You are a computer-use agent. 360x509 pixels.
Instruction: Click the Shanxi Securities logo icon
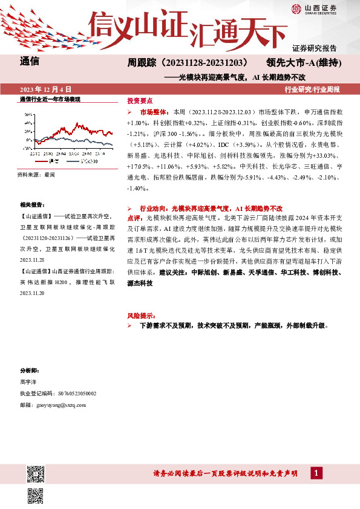[296, 8]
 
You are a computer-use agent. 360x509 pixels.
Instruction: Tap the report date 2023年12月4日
[46, 89]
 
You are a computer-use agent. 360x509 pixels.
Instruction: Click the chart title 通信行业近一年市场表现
[50, 99]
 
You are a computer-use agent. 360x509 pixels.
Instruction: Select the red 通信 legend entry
[54, 161]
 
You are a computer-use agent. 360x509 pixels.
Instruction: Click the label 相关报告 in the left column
[30, 206]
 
